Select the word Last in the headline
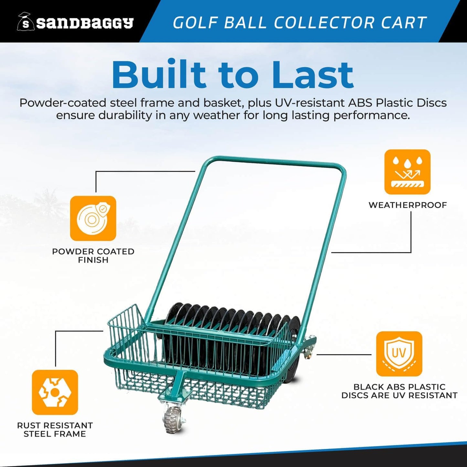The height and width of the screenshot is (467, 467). click(313, 75)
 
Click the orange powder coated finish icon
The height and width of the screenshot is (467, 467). click(93, 218)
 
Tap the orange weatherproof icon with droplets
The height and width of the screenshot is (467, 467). click(407, 172)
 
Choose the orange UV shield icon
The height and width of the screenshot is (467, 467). click(399, 354)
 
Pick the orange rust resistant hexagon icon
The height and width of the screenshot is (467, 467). click(55, 392)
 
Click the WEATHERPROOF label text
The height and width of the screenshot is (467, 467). click(408, 205)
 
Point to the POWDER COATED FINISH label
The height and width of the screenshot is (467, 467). click(93, 256)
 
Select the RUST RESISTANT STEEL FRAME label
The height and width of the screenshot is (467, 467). click(55, 430)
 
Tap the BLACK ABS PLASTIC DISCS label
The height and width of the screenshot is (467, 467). click(399, 391)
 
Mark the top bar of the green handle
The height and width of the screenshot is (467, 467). click(275, 162)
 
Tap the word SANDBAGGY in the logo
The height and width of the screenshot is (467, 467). click(85, 23)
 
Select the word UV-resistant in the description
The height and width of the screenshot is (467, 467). click(310, 103)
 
